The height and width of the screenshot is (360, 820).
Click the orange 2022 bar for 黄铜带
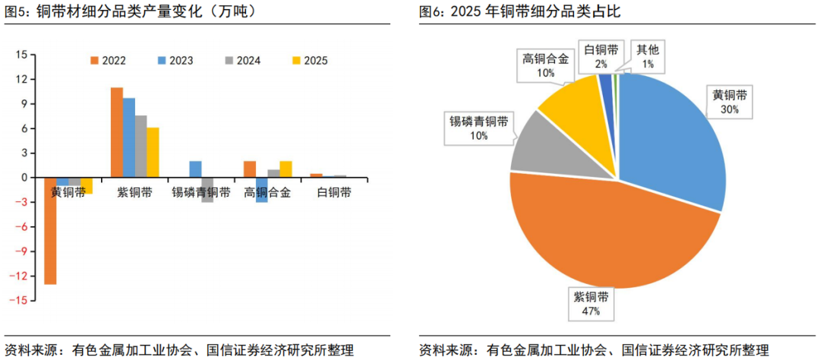point(50,231)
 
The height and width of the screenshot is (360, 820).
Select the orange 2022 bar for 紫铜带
point(117,132)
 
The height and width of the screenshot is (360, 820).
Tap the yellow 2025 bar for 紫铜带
point(153,152)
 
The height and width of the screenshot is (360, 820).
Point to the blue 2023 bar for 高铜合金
point(261,190)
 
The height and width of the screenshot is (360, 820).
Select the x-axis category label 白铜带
point(333,193)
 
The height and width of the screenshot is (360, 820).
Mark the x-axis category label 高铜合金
point(267,193)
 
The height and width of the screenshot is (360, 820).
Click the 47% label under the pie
point(591,311)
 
